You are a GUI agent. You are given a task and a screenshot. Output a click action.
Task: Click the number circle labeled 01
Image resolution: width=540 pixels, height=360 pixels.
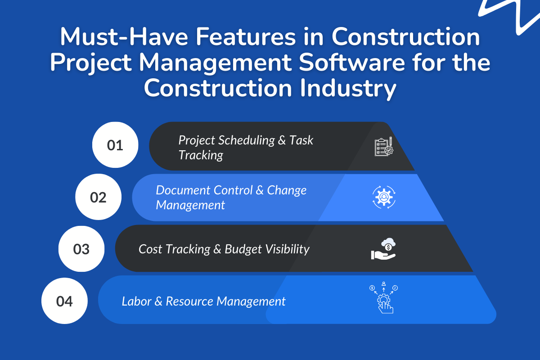(x=115, y=145)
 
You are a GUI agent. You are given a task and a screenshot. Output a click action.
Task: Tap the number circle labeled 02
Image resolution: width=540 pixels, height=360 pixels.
(x=98, y=197)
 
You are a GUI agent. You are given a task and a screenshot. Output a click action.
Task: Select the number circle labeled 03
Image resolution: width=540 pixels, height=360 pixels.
(x=81, y=249)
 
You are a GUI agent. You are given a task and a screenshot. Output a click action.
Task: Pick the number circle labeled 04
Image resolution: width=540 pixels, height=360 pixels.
(x=64, y=301)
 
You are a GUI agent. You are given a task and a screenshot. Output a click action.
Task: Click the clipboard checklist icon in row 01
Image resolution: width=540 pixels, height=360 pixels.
(x=384, y=147)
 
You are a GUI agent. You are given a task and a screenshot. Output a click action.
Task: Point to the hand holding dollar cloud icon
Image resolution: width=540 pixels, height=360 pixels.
(x=383, y=250)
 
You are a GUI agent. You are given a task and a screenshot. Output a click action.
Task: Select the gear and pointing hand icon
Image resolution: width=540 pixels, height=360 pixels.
(x=383, y=299)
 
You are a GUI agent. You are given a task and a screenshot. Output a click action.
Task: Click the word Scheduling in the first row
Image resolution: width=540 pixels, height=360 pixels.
(x=246, y=140)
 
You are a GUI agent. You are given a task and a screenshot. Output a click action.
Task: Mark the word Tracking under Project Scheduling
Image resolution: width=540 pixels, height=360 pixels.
(x=201, y=155)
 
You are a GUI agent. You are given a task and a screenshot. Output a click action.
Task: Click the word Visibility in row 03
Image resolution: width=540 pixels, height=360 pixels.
(x=288, y=249)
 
